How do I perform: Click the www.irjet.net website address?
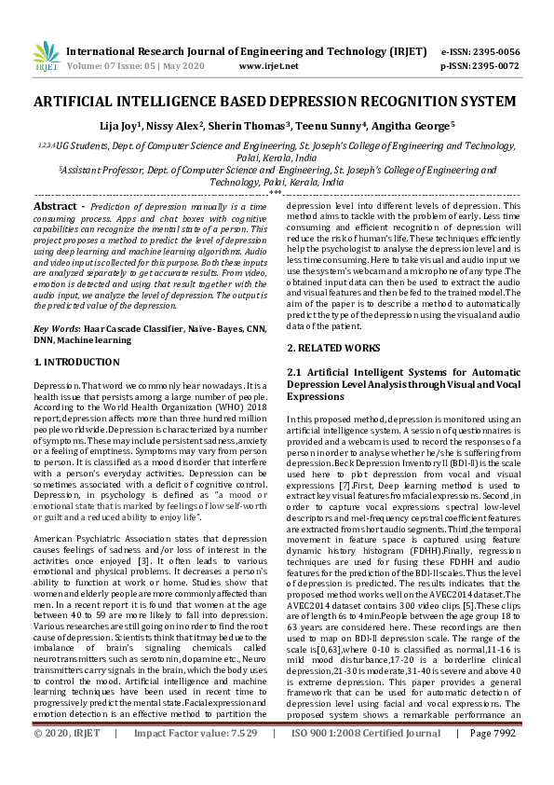(x=269, y=67)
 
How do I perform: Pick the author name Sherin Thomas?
(x=284, y=124)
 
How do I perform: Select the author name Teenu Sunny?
(x=348, y=124)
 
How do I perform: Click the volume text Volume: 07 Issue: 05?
(x=107, y=67)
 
